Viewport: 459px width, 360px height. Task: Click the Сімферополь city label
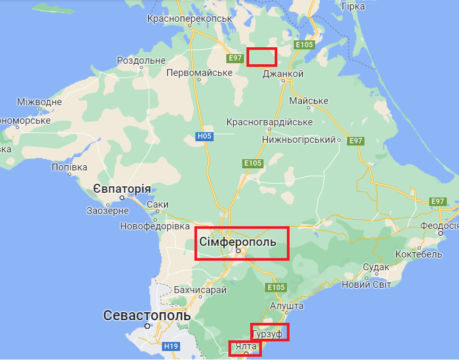click(237, 242)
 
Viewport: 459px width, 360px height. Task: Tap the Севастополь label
click(147, 315)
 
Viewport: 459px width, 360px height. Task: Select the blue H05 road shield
click(205, 136)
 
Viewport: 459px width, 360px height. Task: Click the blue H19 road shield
click(171, 346)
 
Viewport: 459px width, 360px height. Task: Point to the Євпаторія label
click(122, 189)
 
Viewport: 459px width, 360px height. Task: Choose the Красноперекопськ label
click(190, 19)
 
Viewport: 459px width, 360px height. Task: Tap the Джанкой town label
click(283, 74)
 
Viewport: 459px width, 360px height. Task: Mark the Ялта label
click(245, 347)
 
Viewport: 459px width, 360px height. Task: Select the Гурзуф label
click(268, 334)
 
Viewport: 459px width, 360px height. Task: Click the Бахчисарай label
click(200, 290)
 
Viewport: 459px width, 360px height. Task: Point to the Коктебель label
click(419, 254)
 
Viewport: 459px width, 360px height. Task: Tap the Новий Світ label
click(366, 285)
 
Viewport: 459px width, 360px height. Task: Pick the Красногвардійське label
click(269, 122)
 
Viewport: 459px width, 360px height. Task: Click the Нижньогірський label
click(300, 140)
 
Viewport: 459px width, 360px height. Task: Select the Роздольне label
click(141, 61)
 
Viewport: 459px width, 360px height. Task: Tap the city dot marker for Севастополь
click(147, 326)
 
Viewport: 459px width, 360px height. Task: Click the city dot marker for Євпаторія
click(122, 198)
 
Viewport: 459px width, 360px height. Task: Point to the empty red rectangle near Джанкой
click(262, 57)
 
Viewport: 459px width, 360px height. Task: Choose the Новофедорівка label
click(155, 226)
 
